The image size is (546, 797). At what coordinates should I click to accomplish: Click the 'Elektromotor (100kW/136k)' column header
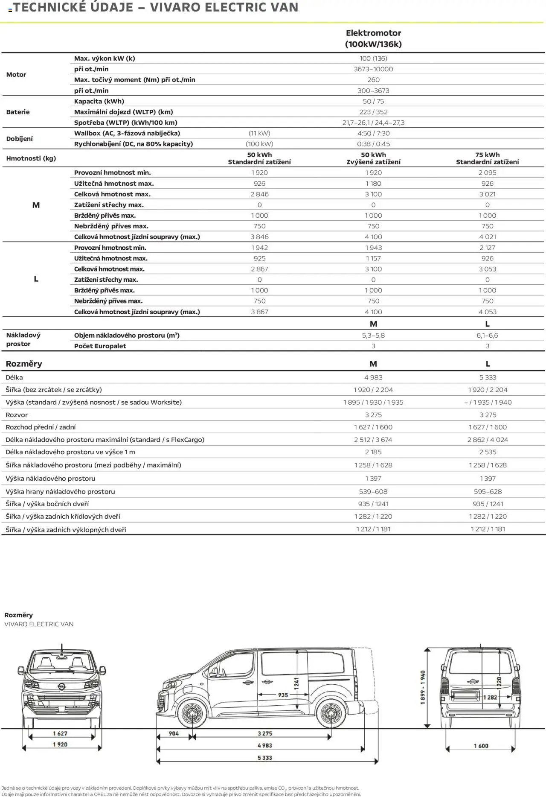tap(373, 38)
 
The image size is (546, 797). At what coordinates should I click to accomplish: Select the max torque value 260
tap(373, 80)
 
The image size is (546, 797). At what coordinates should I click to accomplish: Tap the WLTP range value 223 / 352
tap(373, 112)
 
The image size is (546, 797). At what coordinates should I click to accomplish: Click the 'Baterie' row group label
tap(18, 112)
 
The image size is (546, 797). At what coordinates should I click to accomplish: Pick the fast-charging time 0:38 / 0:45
tap(373, 144)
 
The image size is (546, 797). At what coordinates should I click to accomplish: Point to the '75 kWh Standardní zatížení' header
tap(487, 158)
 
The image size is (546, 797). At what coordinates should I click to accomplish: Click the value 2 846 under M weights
tap(259, 194)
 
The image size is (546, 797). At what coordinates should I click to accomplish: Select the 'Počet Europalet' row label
tap(100, 346)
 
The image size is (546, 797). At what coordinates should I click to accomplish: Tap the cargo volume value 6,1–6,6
tap(487, 336)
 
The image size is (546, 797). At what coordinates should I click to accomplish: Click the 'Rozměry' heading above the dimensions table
tap(24, 364)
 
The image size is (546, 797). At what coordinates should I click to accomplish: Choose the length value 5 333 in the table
tap(488, 377)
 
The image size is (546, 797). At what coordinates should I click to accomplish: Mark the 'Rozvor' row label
tap(17, 415)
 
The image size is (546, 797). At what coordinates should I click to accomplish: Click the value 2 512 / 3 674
tap(373, 440)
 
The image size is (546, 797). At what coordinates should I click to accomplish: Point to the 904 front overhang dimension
tap(174, 734)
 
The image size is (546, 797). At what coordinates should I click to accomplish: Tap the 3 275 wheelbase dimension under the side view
tap(264, 734)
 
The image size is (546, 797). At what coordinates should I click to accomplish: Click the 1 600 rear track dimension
tap(481, 746)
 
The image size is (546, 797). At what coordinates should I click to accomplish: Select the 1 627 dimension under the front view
tap(60, 733)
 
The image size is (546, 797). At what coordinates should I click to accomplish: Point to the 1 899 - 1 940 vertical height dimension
tap(423, 687)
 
